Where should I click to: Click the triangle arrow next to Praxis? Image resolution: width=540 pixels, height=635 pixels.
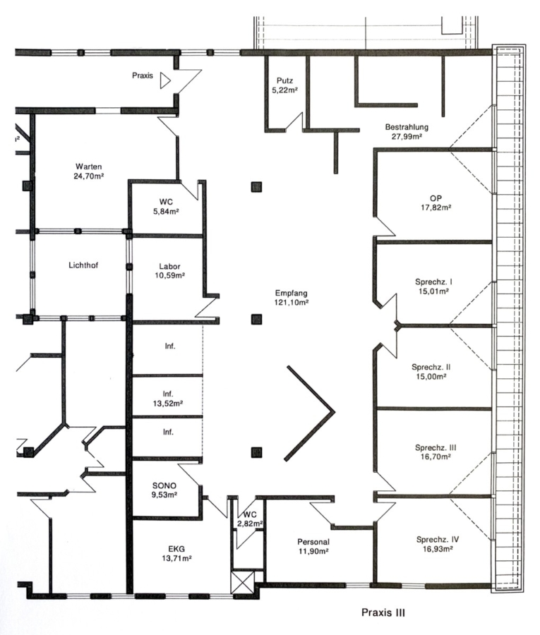(x=164, y=80)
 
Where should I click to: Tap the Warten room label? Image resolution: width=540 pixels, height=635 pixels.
(x=89, y=167)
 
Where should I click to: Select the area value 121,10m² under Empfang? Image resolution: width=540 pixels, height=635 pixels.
(x=292, y=302)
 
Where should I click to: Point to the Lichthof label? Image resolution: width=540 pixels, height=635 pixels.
(x=83, y=265)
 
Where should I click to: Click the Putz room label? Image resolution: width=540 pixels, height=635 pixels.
(x=284, y=80)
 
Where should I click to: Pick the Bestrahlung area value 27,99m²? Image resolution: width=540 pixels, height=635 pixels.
(x=407, y=136)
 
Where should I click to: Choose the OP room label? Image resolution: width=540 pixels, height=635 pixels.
(x=436, y=198)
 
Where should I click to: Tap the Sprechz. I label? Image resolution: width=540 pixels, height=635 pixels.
(x=433, y=282)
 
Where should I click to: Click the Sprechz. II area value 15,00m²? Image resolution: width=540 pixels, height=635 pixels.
(x=431, y=376)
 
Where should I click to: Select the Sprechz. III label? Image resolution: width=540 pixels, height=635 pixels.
(x=436, y=447)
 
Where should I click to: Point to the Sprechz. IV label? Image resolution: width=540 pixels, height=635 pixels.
(x=438, y=540)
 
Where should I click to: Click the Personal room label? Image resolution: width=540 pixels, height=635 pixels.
(x=313, y=542)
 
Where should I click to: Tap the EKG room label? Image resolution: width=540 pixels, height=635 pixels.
(x=176, y=549)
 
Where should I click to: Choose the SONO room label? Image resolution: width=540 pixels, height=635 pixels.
(x=164, y=485)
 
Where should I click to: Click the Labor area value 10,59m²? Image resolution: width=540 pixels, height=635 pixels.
(x=169, y=275)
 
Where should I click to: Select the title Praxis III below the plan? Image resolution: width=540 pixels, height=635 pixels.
(x=383, y=612)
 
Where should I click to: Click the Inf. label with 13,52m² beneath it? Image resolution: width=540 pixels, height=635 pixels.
(x=168, y=394)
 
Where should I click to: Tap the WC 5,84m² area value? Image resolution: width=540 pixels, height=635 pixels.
(x=166, y=212)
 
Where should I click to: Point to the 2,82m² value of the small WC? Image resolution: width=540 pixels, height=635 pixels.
(x=251, y=524)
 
